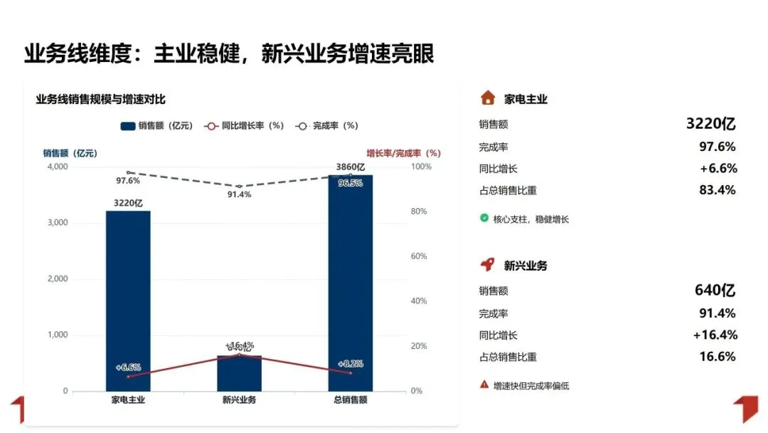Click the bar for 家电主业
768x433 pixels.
pos(128,299)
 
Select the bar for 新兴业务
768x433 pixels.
pos(239,374)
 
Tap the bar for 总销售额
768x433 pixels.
pos(350,285)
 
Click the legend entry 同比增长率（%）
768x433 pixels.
pos(245,126)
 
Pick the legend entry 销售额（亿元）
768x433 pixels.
pos(157,126)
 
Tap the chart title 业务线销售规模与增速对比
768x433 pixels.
pos(100,100)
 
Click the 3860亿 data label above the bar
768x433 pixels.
pos(350,168)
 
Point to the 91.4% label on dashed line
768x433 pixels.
pos(239,195)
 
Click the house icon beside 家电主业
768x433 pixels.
pos(487,98)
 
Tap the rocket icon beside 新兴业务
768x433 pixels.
pos(487,265)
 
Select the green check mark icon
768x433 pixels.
pos(484,219)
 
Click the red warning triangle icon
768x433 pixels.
pos(484,385)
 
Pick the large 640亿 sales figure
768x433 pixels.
pos(715,291)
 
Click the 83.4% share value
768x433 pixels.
pos(718,190)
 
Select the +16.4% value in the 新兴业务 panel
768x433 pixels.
pos(715,335)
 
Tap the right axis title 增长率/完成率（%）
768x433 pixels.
pos(403,153)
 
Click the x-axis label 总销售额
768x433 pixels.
pos(350,400)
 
